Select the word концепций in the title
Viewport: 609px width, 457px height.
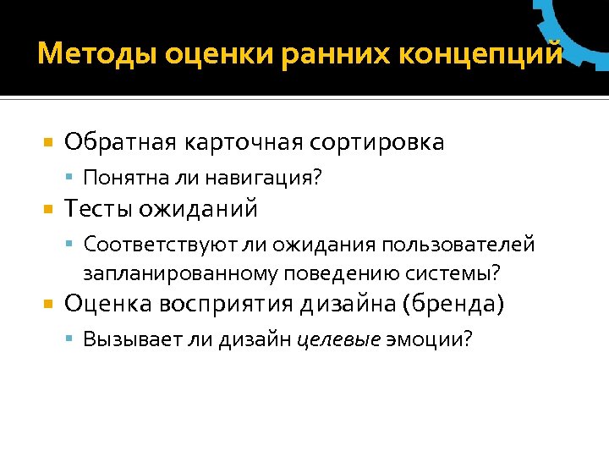[x=481, y=55]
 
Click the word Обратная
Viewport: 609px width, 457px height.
[x=118, y=142]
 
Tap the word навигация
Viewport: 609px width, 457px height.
[x=261, y=178]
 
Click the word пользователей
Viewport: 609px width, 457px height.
[x=458, y=245]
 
